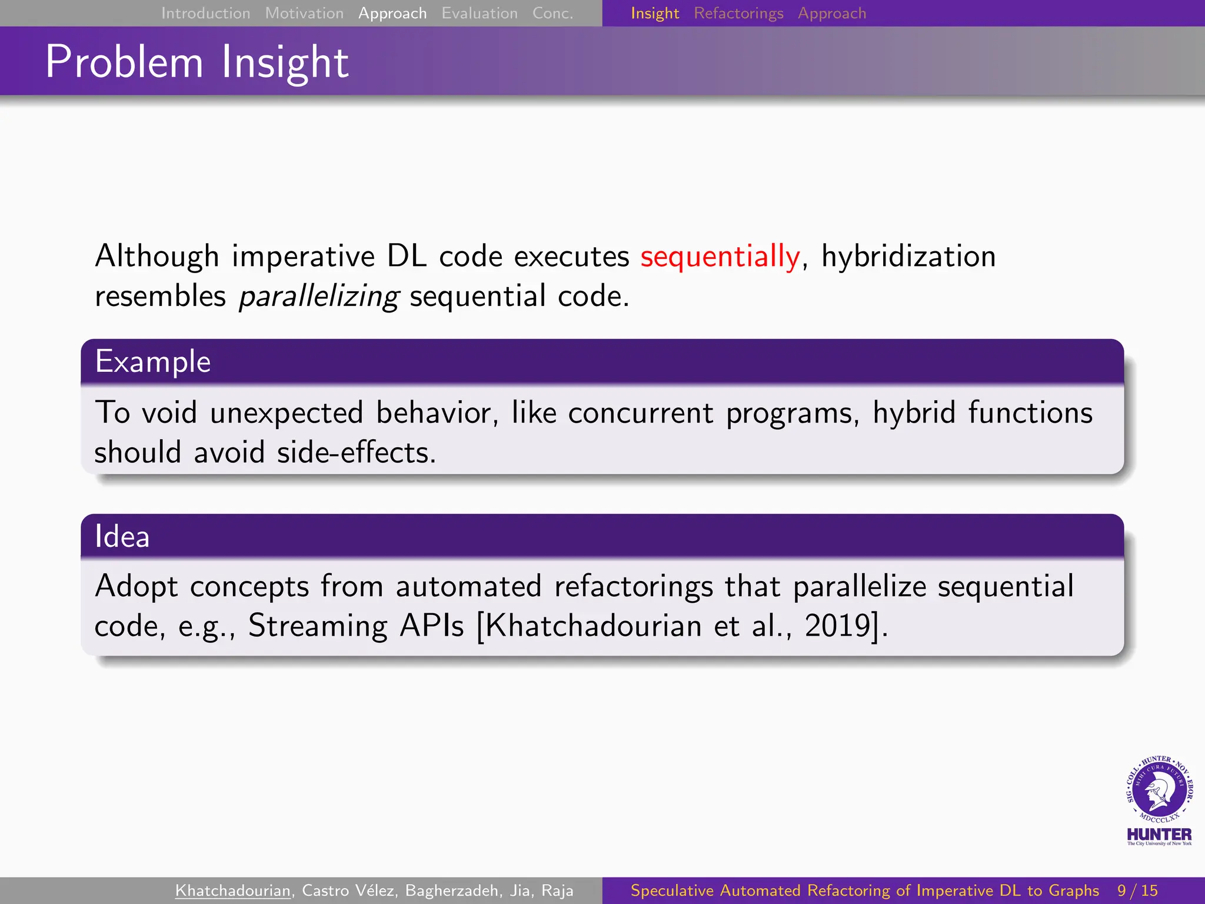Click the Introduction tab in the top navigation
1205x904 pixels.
click(205, 13)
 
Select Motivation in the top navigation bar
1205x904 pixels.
click(304, 13)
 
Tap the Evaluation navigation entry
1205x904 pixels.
click(479, 13)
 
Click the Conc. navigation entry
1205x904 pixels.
click(552, 13)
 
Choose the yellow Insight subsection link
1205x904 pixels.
click(654, 13)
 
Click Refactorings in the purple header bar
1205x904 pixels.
click(738, 13)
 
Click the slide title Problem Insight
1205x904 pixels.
click(197, 62)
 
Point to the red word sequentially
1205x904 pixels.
click(720, 257)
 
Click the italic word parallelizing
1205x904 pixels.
click(318, 296)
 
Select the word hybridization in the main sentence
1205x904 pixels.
click(908, 257)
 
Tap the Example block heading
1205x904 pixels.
click(153, 361)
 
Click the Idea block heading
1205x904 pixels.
click(122, 536)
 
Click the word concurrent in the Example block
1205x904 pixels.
click(640, 413)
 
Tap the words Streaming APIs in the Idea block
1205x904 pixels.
click(355, 625)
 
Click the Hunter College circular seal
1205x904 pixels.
click(1159, 789)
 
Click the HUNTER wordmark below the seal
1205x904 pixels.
click(1159, 835)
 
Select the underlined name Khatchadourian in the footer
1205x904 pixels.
click(233, 890)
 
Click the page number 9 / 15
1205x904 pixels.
click(1137, 890)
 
